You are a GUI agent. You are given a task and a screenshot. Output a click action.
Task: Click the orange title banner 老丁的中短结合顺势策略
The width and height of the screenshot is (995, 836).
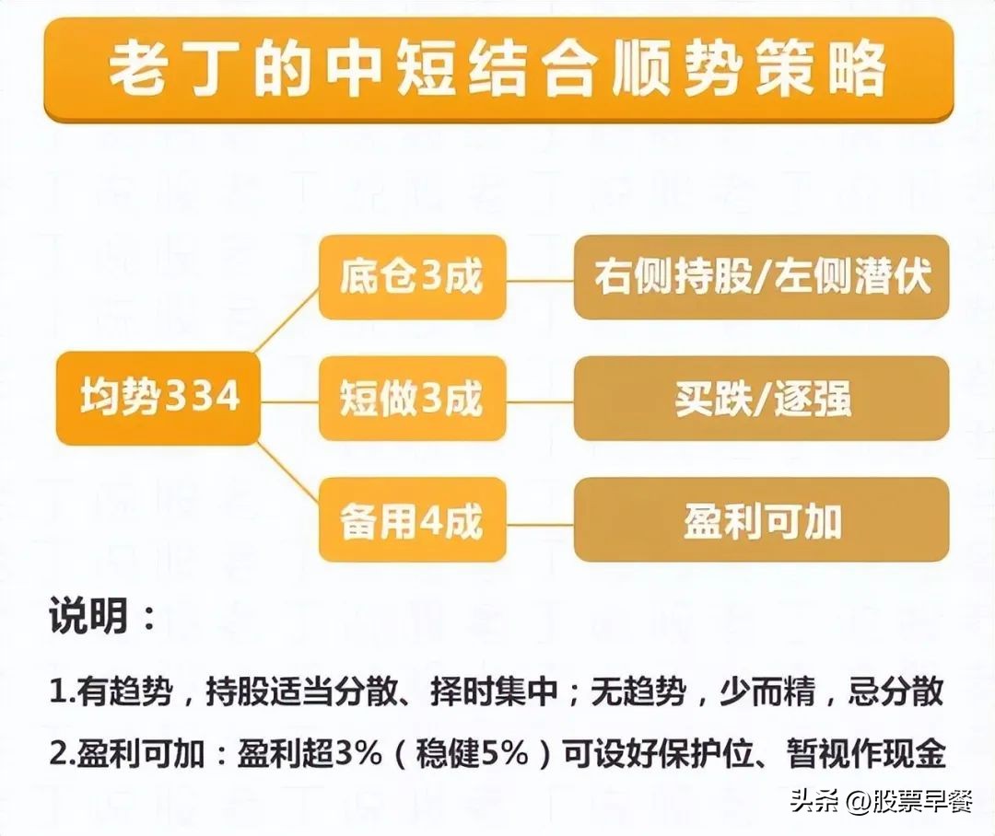click(498, 69)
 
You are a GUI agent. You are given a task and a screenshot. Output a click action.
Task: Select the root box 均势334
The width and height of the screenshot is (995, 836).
click(158, 398)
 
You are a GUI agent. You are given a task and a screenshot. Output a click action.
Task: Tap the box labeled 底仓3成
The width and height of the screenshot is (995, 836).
click(412, 277)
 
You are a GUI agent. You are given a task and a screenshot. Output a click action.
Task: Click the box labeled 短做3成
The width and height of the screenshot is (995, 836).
click(412, 399)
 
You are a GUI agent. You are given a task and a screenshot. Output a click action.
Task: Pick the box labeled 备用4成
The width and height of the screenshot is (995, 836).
click(412, 520)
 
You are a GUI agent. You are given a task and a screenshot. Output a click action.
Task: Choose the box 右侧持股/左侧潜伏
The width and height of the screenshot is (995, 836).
click(762, 277)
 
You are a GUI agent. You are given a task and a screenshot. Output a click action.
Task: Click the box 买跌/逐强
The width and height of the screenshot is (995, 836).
click(762, 399)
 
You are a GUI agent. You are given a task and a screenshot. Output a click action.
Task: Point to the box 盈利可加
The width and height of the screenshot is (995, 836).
click(762, 520)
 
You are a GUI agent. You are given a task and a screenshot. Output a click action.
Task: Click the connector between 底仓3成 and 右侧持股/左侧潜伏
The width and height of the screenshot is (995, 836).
click(540, 280)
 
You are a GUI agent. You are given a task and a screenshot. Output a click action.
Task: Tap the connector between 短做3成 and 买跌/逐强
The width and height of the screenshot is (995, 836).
click(540, 401)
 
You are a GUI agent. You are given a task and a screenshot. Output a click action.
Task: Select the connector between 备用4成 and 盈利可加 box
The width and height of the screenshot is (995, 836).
click(540, 525)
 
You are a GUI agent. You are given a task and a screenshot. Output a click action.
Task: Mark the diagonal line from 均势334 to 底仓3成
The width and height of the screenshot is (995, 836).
click(287, 319)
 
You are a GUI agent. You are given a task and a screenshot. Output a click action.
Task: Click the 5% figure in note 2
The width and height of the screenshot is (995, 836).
click(506, 753)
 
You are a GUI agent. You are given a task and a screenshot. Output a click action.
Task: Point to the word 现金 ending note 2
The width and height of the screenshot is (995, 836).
click(915, 753)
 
